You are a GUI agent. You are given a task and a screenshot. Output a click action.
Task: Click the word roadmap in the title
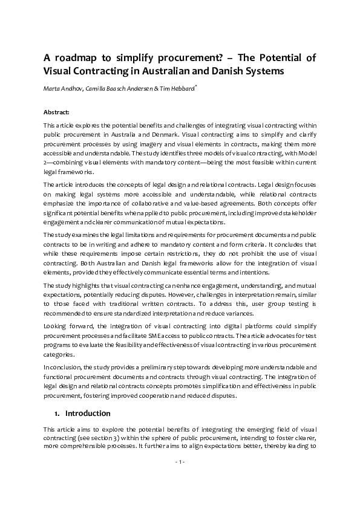pyautogui.click(x=81, y=58)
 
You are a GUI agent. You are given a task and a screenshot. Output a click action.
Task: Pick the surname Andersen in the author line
pyautogui.click(x=129, y=89)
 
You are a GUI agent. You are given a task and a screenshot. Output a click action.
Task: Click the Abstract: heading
pyautogui.click(x=56, y=112)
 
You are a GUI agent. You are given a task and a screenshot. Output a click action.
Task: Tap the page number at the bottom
pyautogui.click(x=180, y=462)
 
